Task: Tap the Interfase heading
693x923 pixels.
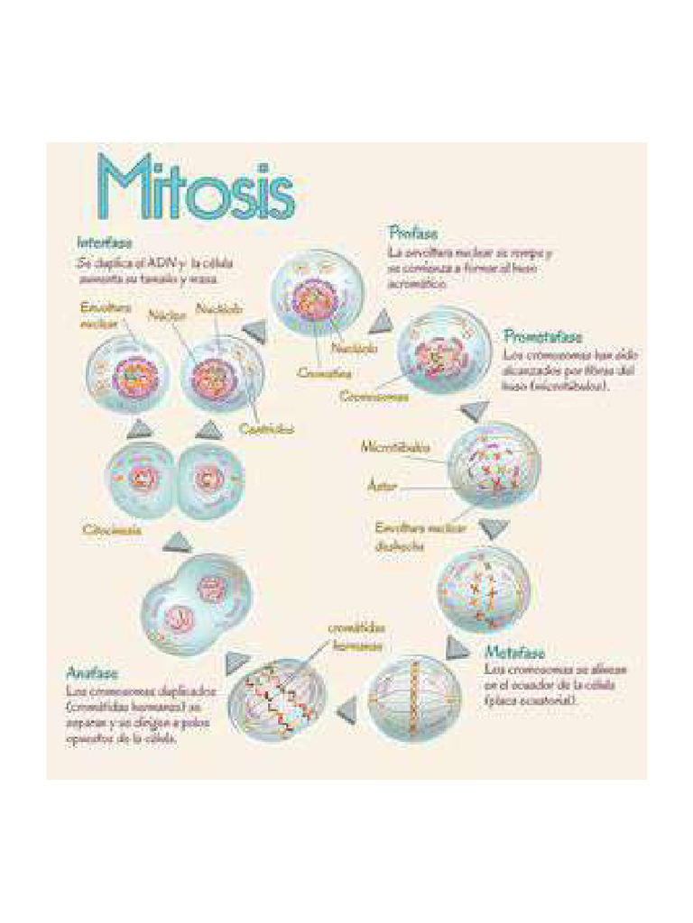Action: pos(105,243)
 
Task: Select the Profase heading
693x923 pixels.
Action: pos(413,234)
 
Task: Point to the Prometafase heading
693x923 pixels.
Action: pos(542,337)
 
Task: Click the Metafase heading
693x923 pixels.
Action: pos(515,652)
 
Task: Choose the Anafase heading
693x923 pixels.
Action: pos(93,672)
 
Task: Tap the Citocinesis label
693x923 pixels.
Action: pos(113,530)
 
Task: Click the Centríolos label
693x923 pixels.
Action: pos(267,430)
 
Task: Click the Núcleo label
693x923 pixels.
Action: pos(167,315)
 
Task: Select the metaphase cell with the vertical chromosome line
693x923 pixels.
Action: pos(408,700)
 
